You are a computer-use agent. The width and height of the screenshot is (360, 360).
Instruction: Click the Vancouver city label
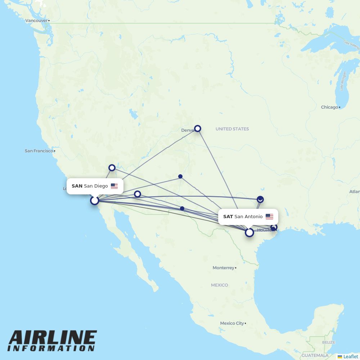[x=36, y=21]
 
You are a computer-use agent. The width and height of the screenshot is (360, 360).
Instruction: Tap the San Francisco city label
[x=39, y=151]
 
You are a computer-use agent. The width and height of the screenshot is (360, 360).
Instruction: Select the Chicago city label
[x=329, y=107]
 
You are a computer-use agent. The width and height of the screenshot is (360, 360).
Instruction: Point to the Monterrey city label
[x=223, y=268]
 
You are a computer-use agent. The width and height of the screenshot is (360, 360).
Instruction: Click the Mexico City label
[x=232, y=323]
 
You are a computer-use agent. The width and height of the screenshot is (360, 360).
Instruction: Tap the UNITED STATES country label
[x=232, y=129]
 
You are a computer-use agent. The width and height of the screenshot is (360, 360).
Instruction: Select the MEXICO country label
[x=219, y=285]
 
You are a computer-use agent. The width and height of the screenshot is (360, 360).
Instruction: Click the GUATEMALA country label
[x=315, y=355]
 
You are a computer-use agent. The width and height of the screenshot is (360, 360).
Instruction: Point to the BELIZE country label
[x=329, y=342]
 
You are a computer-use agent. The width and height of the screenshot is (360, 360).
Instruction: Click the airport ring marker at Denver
[x=198, y=129]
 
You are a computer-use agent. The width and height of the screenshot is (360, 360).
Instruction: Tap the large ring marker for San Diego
[x=95, y=200]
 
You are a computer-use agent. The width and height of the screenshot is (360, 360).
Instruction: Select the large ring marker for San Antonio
[x=249, y=233]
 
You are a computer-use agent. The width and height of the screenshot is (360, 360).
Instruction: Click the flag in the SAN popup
[x=114, y=186]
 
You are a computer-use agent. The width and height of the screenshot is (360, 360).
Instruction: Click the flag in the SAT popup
[x=269, y=217]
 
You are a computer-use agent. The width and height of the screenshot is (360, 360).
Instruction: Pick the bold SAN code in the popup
[x=77, y=186]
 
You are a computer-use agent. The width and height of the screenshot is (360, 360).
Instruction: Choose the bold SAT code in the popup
[x=228, y=217]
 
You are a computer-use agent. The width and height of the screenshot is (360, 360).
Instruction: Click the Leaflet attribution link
[x=350, y=356]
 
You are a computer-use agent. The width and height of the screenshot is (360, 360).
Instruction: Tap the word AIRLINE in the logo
[x=53, y=338]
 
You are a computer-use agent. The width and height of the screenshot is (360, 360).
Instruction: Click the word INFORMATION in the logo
[x=51, y=348]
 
